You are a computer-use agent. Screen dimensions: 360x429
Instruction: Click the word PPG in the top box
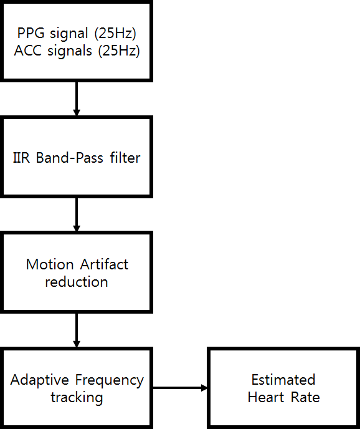coord(31,33)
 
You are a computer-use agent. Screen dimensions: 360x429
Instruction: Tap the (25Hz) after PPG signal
coord(115,34)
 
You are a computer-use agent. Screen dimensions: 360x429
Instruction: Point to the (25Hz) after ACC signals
coord(119,51)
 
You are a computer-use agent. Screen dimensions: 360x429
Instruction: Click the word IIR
coord(21,158)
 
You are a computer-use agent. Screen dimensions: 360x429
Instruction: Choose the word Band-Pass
coord(69,158)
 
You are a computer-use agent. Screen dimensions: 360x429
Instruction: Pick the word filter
coord(125,158)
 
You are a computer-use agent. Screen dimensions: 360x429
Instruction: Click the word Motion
coord(50,264)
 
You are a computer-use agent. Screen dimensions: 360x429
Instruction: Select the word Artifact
coord(104,264)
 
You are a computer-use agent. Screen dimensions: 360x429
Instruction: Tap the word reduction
coord(77,282)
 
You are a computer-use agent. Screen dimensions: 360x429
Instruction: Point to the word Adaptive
coord(40,380)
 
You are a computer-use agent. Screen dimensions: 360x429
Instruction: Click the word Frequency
coord(110,380)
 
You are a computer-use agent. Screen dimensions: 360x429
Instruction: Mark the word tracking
coord(77,398)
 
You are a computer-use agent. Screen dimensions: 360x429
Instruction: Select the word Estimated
coord(283,380)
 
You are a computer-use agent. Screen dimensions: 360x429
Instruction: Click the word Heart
coord(266,397)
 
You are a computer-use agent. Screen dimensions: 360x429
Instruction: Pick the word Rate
coord(305,397)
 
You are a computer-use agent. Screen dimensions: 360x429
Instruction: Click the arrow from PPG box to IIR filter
coord(77,99)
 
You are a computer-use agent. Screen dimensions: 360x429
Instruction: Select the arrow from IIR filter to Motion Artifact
coord(77,214)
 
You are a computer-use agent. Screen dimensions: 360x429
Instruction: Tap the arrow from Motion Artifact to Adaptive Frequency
coord(77,330)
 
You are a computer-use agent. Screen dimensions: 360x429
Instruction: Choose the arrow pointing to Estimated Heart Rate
coord(180,388)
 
